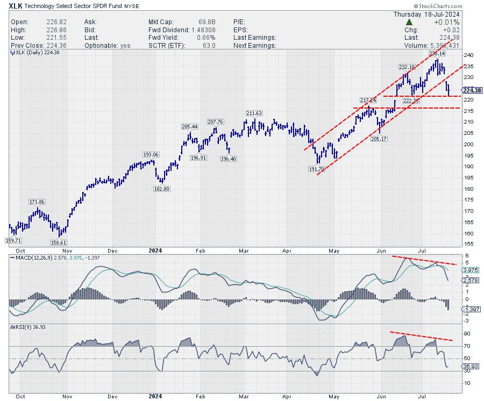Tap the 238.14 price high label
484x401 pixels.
437,54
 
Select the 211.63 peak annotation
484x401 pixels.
254,113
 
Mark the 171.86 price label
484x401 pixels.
37,202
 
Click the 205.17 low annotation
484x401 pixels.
388,139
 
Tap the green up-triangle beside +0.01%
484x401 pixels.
409,22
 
